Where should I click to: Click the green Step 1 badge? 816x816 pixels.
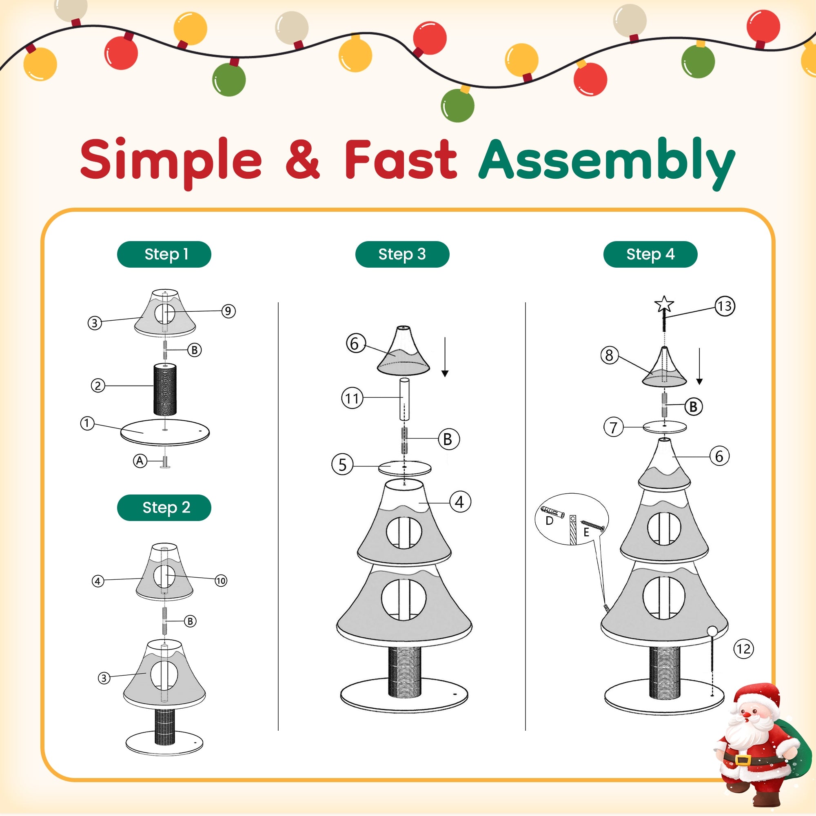point(164,254)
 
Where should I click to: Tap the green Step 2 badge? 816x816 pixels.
point(164,508)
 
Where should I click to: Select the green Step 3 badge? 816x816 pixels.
point(402,254)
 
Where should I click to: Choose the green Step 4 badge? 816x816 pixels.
point(650,254)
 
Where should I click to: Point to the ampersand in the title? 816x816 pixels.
point(302,159)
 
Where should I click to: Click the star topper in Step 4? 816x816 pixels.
point(664,304)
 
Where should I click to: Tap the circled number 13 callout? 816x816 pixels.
point(725,306)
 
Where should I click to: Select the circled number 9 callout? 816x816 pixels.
point(228,311)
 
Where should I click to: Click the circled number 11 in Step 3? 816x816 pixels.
point(352,398)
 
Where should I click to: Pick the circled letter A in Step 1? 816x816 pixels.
point(140,461)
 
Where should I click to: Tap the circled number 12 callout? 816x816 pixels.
point(744,649)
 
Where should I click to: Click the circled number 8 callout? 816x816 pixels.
point(609,355)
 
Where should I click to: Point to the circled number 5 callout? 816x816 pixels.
point(343,465)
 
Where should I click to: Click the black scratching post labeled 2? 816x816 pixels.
point(165,389)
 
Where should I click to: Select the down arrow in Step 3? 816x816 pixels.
point(445,357)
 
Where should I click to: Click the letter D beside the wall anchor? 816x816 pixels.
point(549,521)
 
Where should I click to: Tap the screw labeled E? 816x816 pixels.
point(592,526)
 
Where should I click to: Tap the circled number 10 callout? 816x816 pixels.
point(220,581)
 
